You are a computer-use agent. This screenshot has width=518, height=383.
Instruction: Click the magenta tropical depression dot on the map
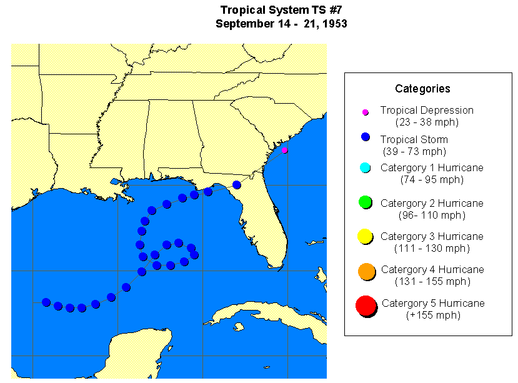click(284, 150)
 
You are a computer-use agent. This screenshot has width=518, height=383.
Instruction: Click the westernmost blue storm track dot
click(46, 302)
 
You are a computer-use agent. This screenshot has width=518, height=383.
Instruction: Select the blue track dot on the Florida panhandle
click(236, 184)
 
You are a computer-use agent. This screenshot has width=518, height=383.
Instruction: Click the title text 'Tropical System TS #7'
click(281, 10)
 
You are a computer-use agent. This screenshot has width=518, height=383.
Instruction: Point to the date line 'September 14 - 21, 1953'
click(281, 24)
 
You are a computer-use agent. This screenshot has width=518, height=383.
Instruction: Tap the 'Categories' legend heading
click(422, 89)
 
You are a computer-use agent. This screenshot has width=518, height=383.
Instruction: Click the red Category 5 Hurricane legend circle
click(366, 306)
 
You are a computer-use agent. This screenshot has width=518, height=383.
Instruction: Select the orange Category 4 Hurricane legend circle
click(366, 271)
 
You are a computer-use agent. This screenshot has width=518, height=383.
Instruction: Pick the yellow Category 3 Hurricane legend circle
click(366, 237)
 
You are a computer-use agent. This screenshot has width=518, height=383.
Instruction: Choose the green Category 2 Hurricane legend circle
click(366, 202)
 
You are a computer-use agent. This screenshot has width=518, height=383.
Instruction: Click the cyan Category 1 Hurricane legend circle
click(366, 167)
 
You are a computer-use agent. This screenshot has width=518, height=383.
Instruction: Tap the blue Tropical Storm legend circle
click(366, 137)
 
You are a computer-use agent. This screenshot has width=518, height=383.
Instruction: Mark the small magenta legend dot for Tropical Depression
click(366, 112)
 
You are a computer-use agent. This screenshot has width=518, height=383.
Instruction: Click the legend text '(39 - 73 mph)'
click(414, 151)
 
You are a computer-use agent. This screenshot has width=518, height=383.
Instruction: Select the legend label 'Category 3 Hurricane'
click(432, 236)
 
